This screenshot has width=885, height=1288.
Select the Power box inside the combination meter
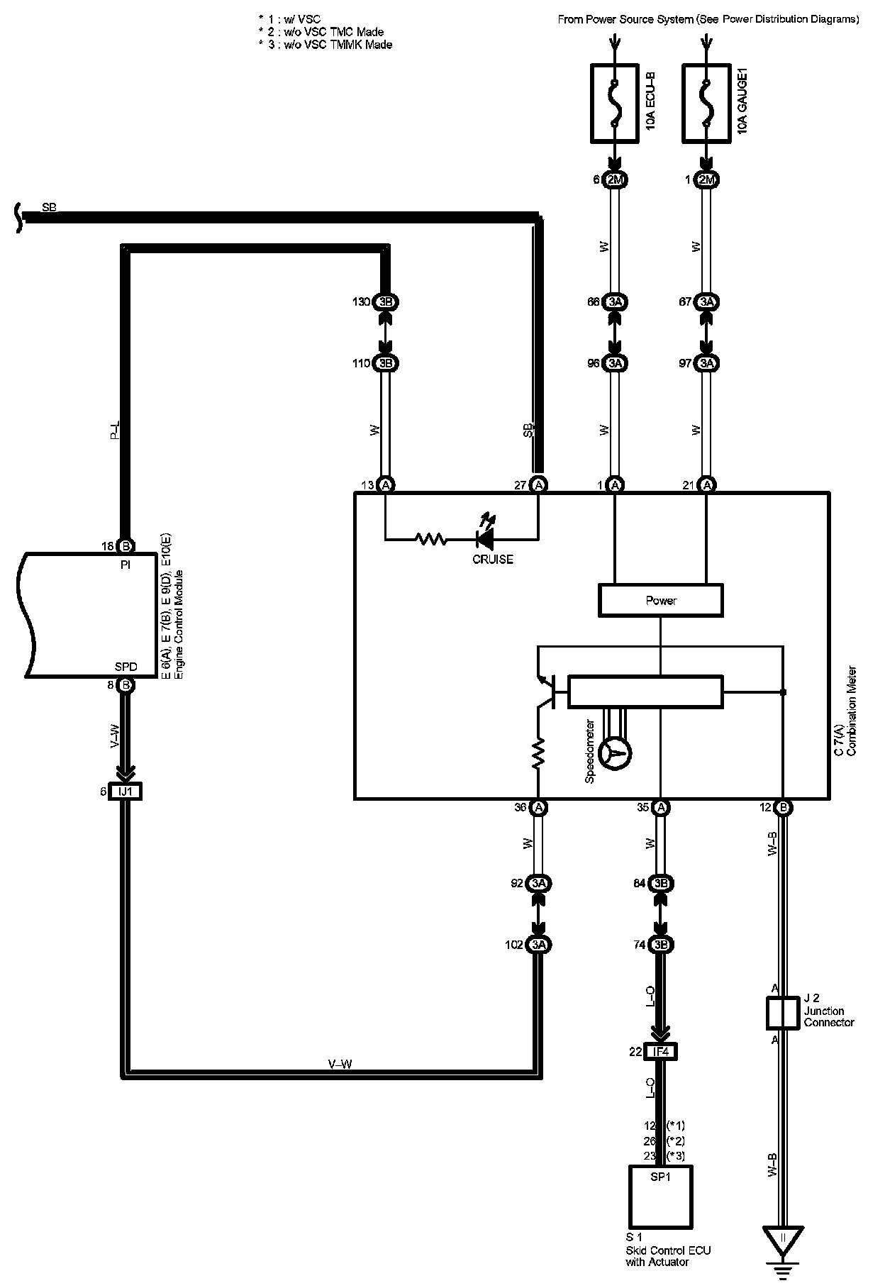pos(661,600)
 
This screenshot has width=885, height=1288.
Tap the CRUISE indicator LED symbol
pos(486,540)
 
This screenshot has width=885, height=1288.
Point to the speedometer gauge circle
pos(616,753)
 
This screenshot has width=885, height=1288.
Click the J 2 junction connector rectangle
pos(783,1013)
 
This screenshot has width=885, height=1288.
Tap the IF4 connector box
pos(660,1052)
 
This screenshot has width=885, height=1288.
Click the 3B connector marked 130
pos(385,302)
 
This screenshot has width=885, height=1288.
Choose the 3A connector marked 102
pos(538,945)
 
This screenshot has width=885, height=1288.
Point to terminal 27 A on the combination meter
pos(538,485)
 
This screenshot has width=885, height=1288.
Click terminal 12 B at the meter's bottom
pos(783,807)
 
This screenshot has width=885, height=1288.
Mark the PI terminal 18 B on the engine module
pos(126,546)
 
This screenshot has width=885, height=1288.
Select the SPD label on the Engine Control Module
pos(126,667)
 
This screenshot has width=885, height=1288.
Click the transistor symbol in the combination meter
pos(547,692)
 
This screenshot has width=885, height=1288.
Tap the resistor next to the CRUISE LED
pos(430,540)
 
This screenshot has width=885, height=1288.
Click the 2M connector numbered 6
pos(615,180)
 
